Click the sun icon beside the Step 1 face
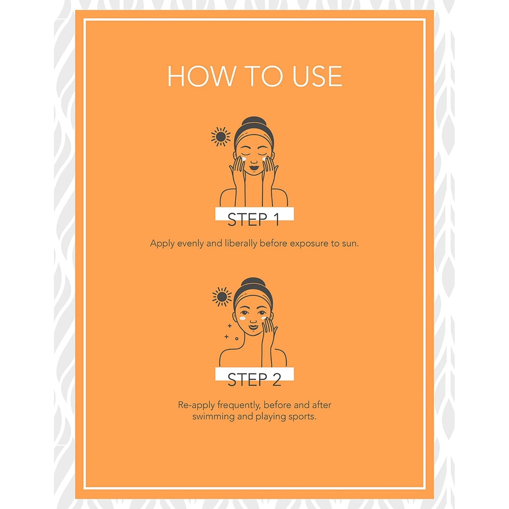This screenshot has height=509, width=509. (221, 137)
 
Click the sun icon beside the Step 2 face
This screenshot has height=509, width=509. (222, 297)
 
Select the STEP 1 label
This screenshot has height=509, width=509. (253, 219)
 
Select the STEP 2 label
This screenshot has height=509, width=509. (254, 380)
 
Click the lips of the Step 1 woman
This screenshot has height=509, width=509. (254, 167)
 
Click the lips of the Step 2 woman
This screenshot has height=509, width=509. (253, 327)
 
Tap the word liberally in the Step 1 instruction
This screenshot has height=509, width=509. (241, 243)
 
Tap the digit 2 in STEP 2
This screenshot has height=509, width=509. (277, 380)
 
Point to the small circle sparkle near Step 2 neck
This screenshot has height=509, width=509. (237, 339)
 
